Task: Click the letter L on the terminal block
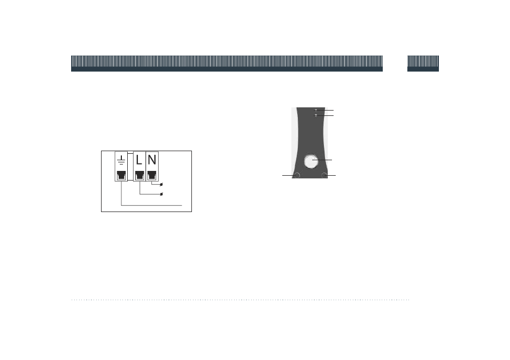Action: point(139,160)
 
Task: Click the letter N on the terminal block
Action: point(152,160)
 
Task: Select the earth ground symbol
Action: point(121,160)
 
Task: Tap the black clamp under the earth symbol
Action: point(121,175)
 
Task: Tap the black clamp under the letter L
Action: point(140,175)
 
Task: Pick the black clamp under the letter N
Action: point(152,175)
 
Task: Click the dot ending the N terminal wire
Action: point(161,185)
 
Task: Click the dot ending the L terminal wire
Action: point(161,194)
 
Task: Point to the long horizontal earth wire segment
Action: point(152,205)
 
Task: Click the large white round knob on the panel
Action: point(311,161)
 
